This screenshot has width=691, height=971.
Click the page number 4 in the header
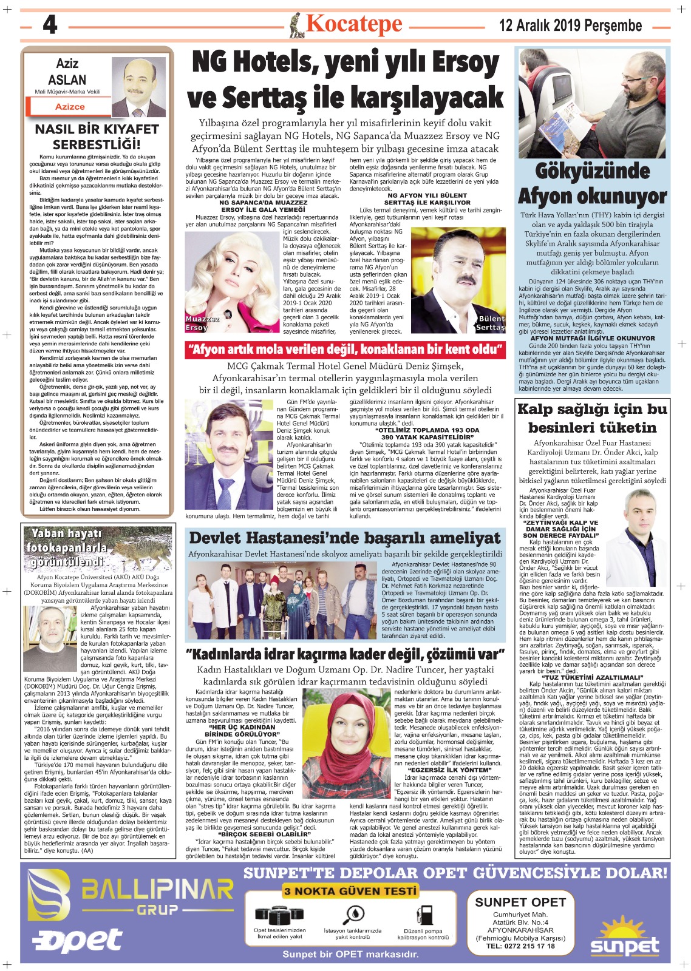(50, 25)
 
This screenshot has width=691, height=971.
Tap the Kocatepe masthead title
(353, 24)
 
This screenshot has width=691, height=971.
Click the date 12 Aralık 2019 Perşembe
(570, 25)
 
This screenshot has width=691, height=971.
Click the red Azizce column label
(70, 107)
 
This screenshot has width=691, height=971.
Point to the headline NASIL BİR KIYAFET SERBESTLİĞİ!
(97, 137)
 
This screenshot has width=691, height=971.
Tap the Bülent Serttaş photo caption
(491, 323)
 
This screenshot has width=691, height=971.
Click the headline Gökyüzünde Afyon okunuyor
(592, 184)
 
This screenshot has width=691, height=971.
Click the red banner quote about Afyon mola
(345, 350)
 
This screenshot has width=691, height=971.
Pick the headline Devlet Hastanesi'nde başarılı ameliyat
(345, 538)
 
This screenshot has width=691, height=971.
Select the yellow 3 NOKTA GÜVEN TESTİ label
(350, 890)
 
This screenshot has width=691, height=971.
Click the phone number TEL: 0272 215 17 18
(520, 946)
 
